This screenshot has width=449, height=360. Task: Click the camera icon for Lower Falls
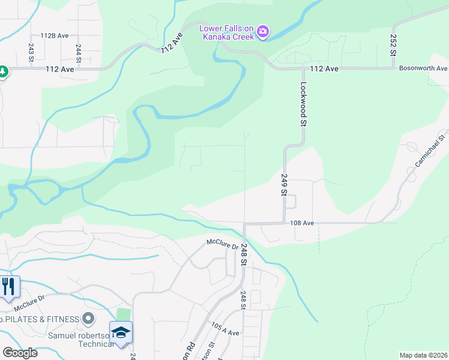263,31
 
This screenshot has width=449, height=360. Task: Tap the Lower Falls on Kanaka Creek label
227,32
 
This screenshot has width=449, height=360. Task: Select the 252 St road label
393,45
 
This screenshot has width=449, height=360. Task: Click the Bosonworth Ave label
423,68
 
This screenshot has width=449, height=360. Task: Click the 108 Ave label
302,223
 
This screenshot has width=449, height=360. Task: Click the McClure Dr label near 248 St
223,243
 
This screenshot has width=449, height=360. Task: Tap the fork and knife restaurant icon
8,286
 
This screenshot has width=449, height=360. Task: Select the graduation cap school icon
121,332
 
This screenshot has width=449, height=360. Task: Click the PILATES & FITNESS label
41,318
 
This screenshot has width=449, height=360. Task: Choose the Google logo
20,352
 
